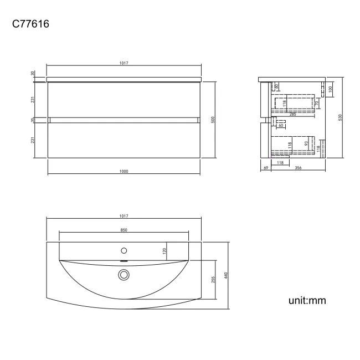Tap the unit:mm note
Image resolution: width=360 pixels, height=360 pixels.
[x=306, y=301]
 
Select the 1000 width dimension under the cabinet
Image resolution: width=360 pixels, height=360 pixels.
[x=124, y=171]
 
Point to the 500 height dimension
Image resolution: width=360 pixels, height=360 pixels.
[x=213, y=120]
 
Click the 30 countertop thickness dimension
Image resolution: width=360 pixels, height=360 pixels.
[x=33, y=73]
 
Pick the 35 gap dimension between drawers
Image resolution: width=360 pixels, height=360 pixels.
[x=33, y=120]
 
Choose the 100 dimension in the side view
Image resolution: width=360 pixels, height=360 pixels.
[x=331, y=89]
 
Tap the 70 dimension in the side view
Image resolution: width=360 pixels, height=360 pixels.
[x=316, y=104]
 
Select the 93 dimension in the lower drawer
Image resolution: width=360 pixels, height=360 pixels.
[x=306, y=143]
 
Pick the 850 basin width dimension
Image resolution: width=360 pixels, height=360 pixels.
[x=124, y=230]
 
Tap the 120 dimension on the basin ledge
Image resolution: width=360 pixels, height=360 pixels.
[x=164, y=250]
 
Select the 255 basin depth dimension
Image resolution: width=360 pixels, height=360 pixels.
[x=213, y=281]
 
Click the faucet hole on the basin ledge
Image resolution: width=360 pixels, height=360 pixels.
[x=124, y=250]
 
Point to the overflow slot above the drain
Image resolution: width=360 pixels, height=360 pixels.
[x=124, y=261]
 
